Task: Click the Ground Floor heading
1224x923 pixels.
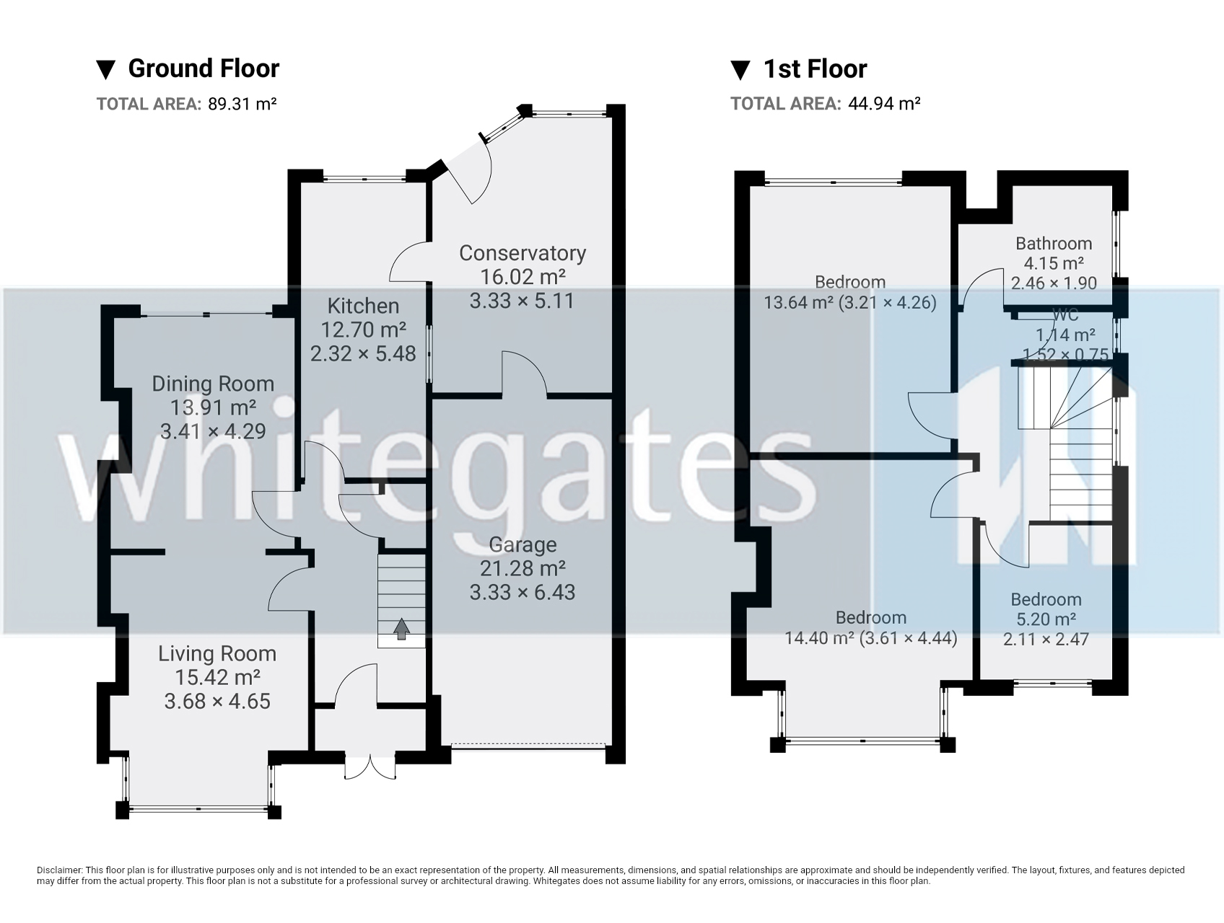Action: click(x=203, y=69)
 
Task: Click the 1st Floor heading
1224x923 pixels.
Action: click(x=815, y=69)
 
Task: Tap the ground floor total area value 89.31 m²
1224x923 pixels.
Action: click(x=242, y=104)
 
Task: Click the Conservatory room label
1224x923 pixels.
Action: click(x=523, y=253)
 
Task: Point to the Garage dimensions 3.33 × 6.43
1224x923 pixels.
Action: click(x=523, y=593)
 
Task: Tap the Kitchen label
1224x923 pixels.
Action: click(x=363, y=306)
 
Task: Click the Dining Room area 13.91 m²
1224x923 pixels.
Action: click(x=213, y=407)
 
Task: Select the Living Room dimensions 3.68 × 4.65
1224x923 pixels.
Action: click(x=217, y=701)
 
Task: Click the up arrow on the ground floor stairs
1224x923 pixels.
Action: click(x=401, y=629)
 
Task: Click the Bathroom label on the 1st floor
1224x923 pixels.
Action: click(x=1054, y=244)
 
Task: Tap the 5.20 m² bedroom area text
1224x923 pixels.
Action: click(x=1045, y=619)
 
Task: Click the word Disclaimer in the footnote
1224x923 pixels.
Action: click(x=60, y=871)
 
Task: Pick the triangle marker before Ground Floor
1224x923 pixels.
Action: click(x=106, y=69)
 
